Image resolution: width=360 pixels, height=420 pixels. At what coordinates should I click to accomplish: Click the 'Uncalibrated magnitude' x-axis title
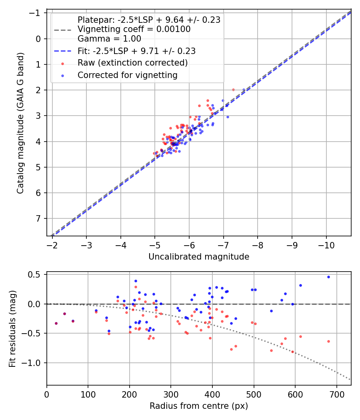click(x=199, y=257)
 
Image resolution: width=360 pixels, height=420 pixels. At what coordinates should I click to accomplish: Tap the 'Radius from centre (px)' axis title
click(x=199, y=406)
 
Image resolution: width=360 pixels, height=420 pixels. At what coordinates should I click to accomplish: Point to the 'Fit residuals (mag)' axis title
click(x=12, y=328)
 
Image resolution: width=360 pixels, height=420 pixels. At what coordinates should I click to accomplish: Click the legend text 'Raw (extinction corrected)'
click(x=132, y=63)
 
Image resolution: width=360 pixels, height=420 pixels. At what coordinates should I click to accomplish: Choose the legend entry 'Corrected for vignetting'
click(x=127, y=75)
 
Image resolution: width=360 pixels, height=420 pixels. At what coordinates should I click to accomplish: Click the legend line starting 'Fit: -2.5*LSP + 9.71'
click(x=136, y=51)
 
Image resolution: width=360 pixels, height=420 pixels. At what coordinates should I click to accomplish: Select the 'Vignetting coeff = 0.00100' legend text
click(x=134, y=29)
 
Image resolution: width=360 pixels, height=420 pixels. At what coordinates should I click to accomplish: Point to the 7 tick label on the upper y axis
click(x=39, y=218)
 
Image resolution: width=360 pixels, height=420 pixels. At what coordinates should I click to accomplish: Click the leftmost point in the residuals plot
click(x=56, y=323)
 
